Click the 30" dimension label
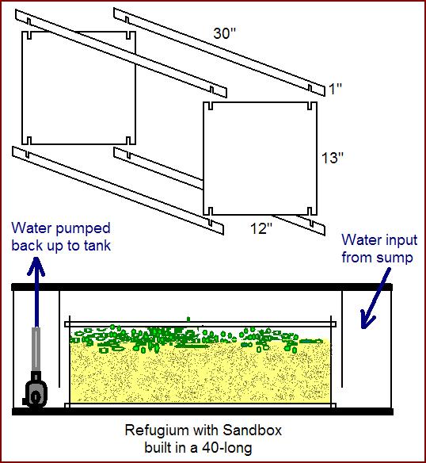[x=225, y=33]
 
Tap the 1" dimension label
[x=335, y=89]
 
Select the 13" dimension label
[x=333, y=158]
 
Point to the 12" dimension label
[x=261, y=228]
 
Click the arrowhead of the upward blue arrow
[x=36, y=265]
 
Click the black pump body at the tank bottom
[x=36, y=391]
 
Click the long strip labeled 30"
[x=219, y=52]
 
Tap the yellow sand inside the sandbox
[x=200, y=374]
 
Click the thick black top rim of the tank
[x=203, y=287]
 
